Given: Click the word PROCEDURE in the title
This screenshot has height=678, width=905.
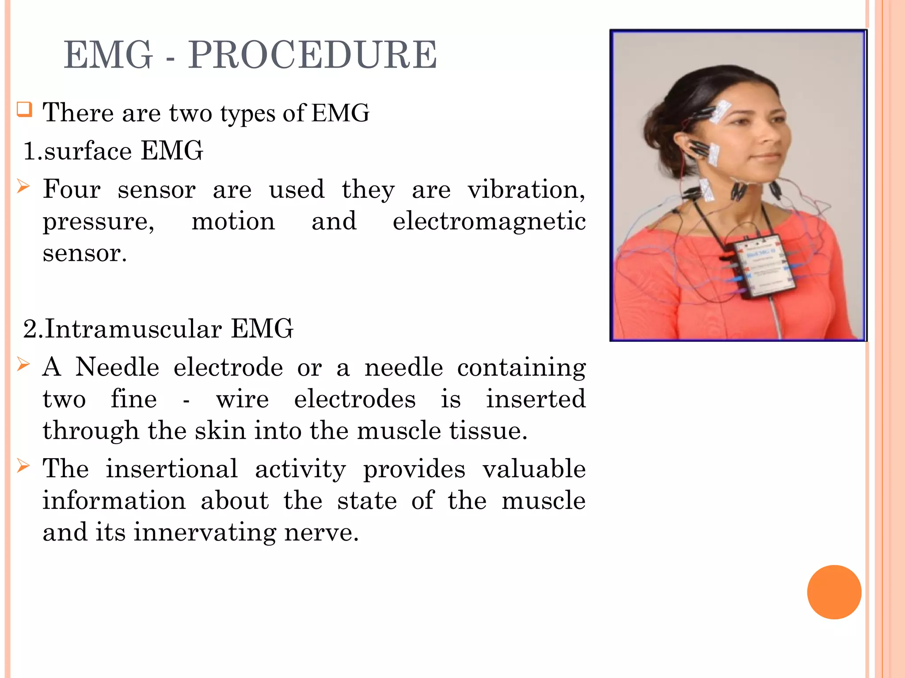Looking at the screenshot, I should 312,55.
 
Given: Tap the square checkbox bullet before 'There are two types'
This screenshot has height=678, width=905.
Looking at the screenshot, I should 25,109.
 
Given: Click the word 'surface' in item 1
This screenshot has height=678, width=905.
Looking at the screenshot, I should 87,151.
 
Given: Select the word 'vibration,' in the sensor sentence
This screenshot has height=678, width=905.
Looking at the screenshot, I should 526,190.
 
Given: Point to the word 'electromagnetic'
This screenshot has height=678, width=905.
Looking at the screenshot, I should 489,221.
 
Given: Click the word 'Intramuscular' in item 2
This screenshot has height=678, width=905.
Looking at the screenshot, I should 133,329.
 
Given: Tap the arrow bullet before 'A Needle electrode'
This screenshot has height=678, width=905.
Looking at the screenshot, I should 23,365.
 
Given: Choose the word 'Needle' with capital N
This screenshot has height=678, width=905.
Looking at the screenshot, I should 117,367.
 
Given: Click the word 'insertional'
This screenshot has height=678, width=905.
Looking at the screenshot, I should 171,469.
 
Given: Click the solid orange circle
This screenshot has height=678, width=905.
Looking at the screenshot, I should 834,592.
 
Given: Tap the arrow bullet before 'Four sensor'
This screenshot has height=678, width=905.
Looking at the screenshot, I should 23,187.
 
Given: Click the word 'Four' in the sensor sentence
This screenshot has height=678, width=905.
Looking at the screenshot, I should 72,190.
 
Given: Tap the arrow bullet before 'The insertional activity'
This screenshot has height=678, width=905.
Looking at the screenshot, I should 23,466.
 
